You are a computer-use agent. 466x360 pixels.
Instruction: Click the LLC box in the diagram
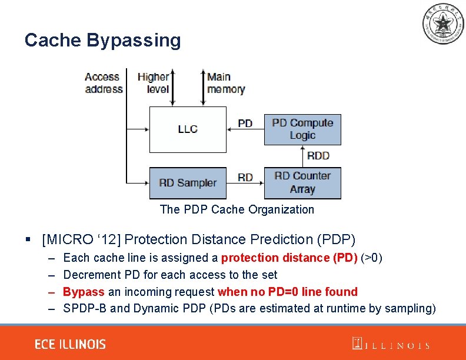(x=188, y=129)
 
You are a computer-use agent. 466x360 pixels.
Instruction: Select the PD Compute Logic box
(x=302, y=129)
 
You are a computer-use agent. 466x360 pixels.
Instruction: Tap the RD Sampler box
(x=188, y=183)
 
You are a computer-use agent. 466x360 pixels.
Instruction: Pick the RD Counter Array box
(x=302, y=183)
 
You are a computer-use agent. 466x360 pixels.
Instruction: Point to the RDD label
(x=318, y=156)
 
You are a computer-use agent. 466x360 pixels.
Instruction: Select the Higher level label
(x=153, y=83)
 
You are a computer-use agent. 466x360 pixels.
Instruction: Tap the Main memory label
(x=226, y=83)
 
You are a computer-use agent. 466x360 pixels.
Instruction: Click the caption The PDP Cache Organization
(x=237, y=209)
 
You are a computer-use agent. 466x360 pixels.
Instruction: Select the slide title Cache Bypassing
(x=102, y=40)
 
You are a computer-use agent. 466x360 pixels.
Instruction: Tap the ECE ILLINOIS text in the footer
(x=70, y=344)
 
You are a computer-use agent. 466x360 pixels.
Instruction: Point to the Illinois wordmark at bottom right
(x=391, y=345)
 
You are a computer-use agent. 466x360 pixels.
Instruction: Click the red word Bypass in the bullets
(x=84, y=292)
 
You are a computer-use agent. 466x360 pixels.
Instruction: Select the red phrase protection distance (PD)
(x=289, y=258)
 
